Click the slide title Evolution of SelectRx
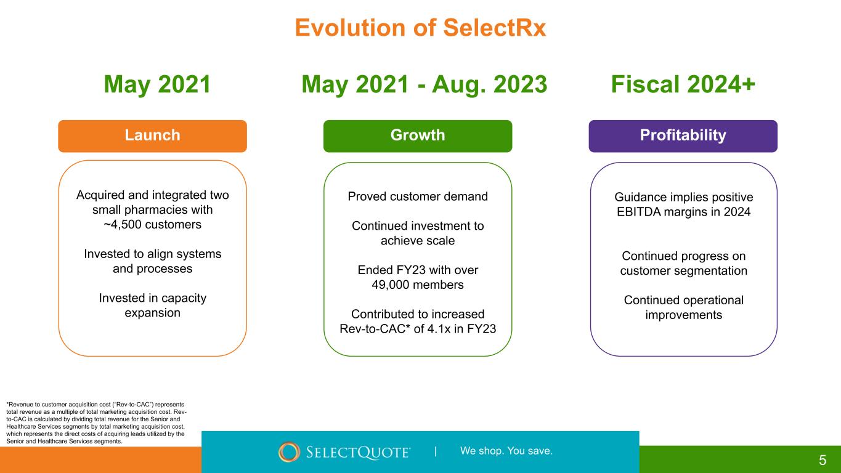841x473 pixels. tap(420, 28)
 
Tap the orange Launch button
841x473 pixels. tap(152, 136)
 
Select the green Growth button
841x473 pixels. tap(418, 136)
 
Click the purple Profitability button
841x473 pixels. tap(683, 136)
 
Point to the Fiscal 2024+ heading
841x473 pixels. tap(683, 84)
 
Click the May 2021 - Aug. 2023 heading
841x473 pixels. tap(425, 85)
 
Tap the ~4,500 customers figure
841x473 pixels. tap(152, 224)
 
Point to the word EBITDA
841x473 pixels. tap(639, 212)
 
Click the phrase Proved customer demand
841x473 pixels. tap(418, 196)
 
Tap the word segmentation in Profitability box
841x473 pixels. tap(710, 271)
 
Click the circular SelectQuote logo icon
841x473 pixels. tap(289, 451)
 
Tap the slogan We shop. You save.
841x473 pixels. tap(506, 451)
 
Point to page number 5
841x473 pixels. tap(823, 460)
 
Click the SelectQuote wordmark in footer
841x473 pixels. tap(358, 452)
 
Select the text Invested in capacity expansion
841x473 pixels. tap(152, 305)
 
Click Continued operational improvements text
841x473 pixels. tap(683, 307)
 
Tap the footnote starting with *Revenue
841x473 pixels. tap(96, 422)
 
